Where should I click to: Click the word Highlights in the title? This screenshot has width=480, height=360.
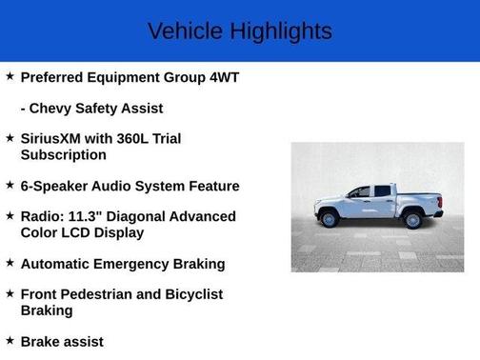pos(280,31)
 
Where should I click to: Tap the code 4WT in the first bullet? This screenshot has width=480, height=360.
pos(220,77)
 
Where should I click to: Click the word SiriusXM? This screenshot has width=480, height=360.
pos(58,138)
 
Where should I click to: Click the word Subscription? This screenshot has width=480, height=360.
pos(63,154)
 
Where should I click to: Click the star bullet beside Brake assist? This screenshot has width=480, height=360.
pos(10,340)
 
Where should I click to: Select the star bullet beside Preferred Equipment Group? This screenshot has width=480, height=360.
pos(10,76)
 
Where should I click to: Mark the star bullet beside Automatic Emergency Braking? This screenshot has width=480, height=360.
pos(10,263)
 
